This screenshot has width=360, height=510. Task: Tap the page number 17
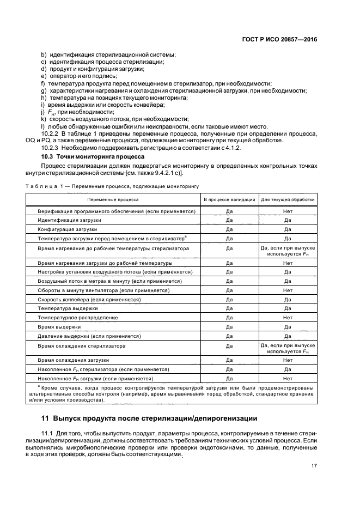click(x=314, y=465)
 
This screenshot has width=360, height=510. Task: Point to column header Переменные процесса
click(x=113, y=200)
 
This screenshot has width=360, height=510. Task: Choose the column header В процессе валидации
click(x=229, y=200)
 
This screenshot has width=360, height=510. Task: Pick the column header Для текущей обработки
click(x=288, y=200)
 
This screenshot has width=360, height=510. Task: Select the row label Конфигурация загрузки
click(x=67, y=229)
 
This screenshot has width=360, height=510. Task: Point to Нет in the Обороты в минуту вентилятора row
click(x=288, y=290)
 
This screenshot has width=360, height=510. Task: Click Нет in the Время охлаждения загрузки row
click(x=288, y=360)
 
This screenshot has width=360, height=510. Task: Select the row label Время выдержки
click(x=59, y=326)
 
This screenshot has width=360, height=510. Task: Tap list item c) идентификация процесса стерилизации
click(x=103, y=62)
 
